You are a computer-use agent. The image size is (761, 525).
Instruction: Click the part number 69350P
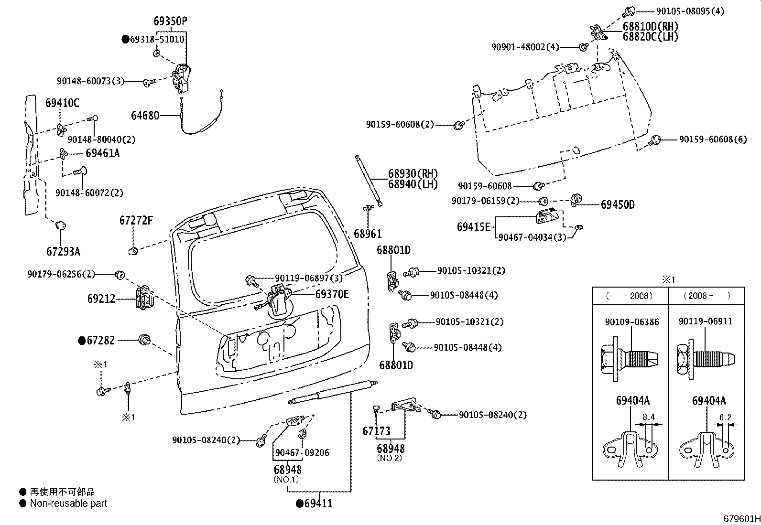170,21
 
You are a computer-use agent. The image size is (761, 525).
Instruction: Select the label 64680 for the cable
145,116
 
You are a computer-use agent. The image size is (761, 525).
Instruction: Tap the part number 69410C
63,103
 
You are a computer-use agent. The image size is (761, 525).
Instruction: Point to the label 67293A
63,251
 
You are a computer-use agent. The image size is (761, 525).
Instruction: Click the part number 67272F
136,220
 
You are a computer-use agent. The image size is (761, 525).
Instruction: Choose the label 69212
101,299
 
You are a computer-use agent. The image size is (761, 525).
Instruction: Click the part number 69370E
332,294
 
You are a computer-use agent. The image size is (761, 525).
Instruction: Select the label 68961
368,234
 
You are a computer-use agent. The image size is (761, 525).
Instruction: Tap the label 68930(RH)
413,173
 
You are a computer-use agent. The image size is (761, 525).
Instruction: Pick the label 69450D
618,204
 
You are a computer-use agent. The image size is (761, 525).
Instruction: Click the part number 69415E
474,226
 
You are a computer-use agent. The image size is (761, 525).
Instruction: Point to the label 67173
376,431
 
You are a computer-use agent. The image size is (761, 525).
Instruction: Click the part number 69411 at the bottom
318,504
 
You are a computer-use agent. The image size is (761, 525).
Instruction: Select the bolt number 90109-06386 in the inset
632,322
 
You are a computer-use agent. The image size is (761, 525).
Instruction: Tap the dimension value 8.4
649,417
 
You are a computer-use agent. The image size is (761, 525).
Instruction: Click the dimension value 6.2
725,417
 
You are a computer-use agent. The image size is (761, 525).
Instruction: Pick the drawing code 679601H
742,519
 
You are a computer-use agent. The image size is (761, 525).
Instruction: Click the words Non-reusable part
69,504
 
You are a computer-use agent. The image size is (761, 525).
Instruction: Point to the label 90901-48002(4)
525,47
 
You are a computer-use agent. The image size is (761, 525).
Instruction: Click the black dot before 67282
82,341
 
